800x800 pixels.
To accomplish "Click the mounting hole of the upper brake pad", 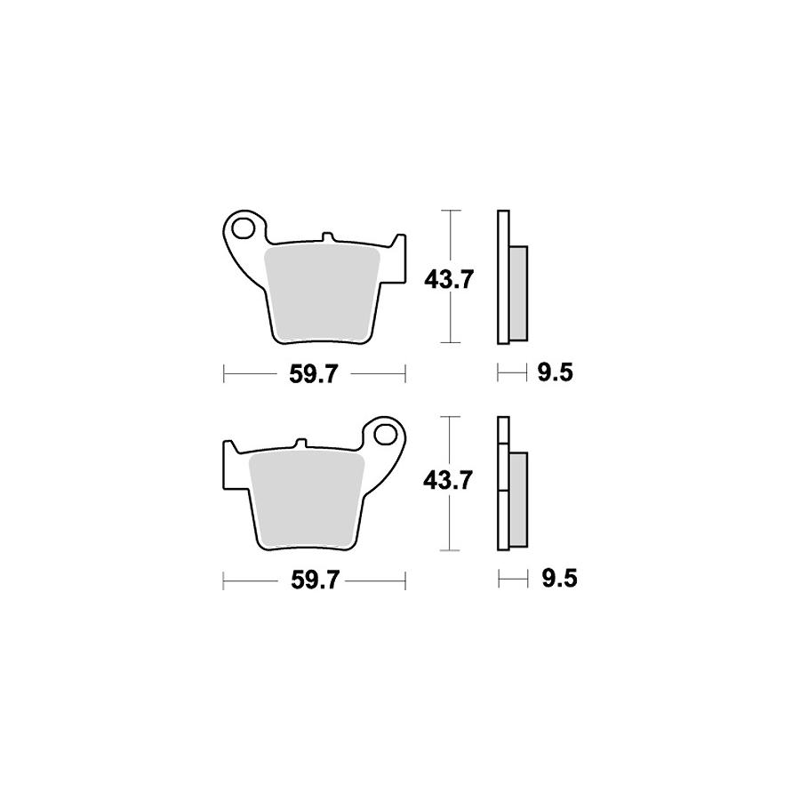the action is point(243,228).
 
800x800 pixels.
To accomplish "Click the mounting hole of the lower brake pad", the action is point(386,435).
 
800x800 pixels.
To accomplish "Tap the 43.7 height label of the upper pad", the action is point(450,280).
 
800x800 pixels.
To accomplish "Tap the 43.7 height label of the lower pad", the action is point(449,481).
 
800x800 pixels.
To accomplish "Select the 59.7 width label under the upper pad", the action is point(313,375).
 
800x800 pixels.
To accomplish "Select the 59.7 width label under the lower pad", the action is point(315,580).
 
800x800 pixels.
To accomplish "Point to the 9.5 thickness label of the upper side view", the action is point(555,373).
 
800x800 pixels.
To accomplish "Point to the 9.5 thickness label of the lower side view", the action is point(559,579).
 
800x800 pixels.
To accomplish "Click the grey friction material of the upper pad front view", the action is point(322,293).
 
